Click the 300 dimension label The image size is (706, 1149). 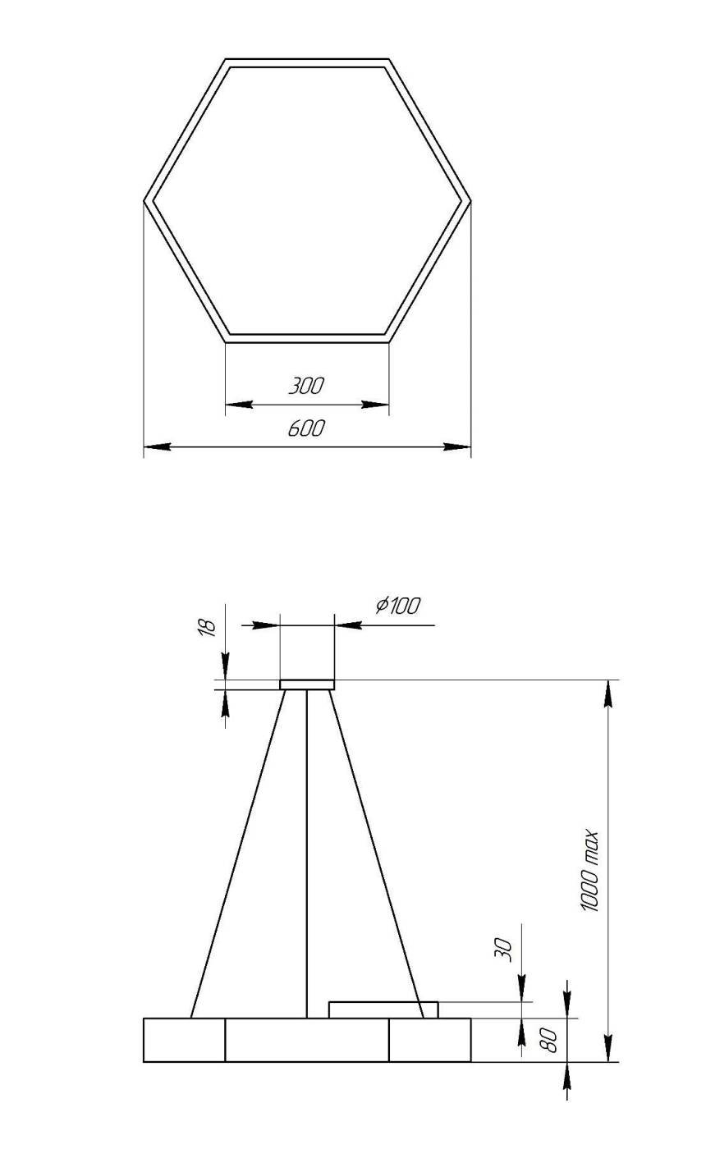pos(306,386)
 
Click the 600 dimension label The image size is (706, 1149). pos(306,428)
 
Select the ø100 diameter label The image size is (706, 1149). pos(397,606)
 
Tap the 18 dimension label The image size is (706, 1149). pos(209,627)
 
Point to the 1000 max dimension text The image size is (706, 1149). pos(590,871)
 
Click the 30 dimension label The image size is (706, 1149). pos(505,950)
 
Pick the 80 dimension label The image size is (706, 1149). pos(551,1040)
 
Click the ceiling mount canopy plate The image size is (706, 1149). pos(307,684)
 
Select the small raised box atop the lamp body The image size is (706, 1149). pos(383,1009)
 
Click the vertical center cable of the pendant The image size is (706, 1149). pos(307,854)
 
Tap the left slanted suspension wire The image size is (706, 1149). pos(238,854)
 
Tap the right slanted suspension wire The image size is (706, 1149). pos(377,854)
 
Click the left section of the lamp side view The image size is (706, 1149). pos(184,1040)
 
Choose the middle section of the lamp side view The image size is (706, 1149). pos(307,1040)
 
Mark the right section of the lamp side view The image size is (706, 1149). pos(429,1040)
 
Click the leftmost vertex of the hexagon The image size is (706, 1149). pos(145,199)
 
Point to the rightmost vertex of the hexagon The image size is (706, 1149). pos(470,199)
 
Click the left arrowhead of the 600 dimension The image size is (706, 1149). pos(156,447)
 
